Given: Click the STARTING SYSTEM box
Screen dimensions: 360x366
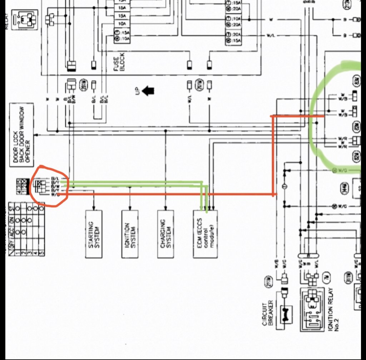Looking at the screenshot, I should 94,233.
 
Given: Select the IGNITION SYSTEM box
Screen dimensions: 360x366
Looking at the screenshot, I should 130,233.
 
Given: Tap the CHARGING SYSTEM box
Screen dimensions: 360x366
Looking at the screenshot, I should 165,233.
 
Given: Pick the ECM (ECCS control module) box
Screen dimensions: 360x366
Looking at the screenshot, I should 205,233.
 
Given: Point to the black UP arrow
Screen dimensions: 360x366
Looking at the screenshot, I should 148,91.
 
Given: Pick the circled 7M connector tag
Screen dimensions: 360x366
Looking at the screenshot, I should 326,276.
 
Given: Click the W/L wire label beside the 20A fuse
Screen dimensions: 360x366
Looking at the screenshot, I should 271,36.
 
